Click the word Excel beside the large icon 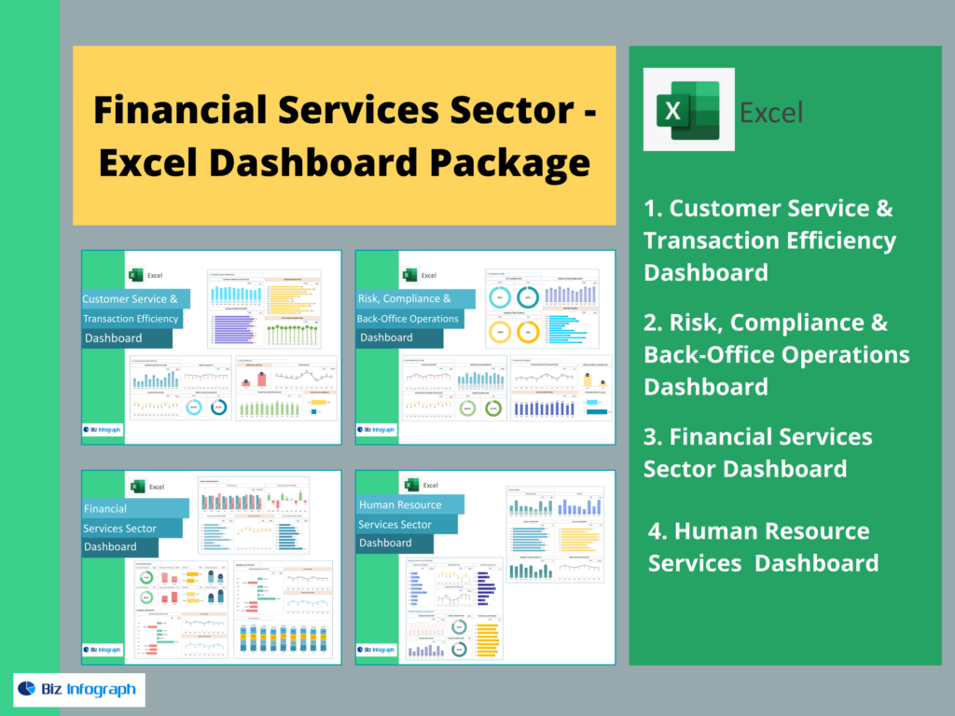(770, 113)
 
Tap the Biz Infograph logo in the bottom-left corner (78, 690)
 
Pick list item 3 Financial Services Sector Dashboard (757, 452)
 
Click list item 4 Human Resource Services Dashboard (763, 546)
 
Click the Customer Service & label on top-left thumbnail (131, 299)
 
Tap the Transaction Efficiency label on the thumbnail (131, 319)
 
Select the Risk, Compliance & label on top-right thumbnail (405, 299)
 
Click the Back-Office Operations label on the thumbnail (408, 319)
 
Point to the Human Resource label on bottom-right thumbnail (400, 504)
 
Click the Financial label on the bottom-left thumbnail (105, 510)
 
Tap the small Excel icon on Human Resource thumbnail (410, 485)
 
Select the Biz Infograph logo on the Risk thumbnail (379, 430)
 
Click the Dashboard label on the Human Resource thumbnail (385, 543)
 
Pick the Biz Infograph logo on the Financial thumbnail (104, 650)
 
